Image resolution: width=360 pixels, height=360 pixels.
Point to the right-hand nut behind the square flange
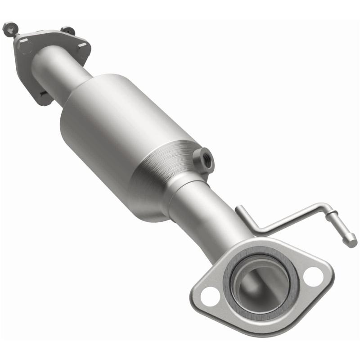tap(68, 31)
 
